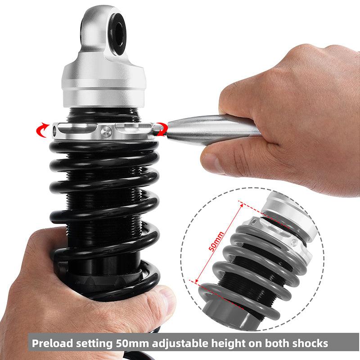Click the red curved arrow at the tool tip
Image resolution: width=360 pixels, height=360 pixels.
point(162,129)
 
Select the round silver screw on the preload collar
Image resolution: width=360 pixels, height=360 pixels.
point(106,132)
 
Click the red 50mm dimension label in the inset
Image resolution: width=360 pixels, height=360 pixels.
point(216,241)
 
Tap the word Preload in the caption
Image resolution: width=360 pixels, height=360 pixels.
point(52,343)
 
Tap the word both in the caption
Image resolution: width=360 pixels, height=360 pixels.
point(277,343)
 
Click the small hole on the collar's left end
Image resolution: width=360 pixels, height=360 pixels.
point(54,131)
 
